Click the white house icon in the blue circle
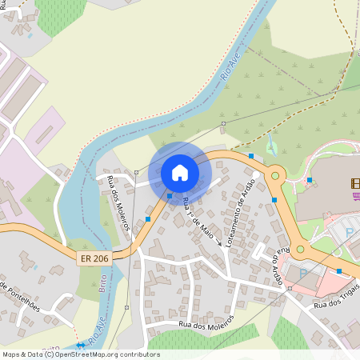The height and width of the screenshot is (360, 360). (180, 172)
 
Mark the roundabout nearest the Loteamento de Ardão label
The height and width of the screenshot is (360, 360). (275, 174)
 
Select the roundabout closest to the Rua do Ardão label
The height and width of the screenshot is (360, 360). (301, 249)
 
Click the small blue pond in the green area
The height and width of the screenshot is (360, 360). (271, 144)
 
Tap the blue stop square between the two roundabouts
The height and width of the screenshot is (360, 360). (274, 200)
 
